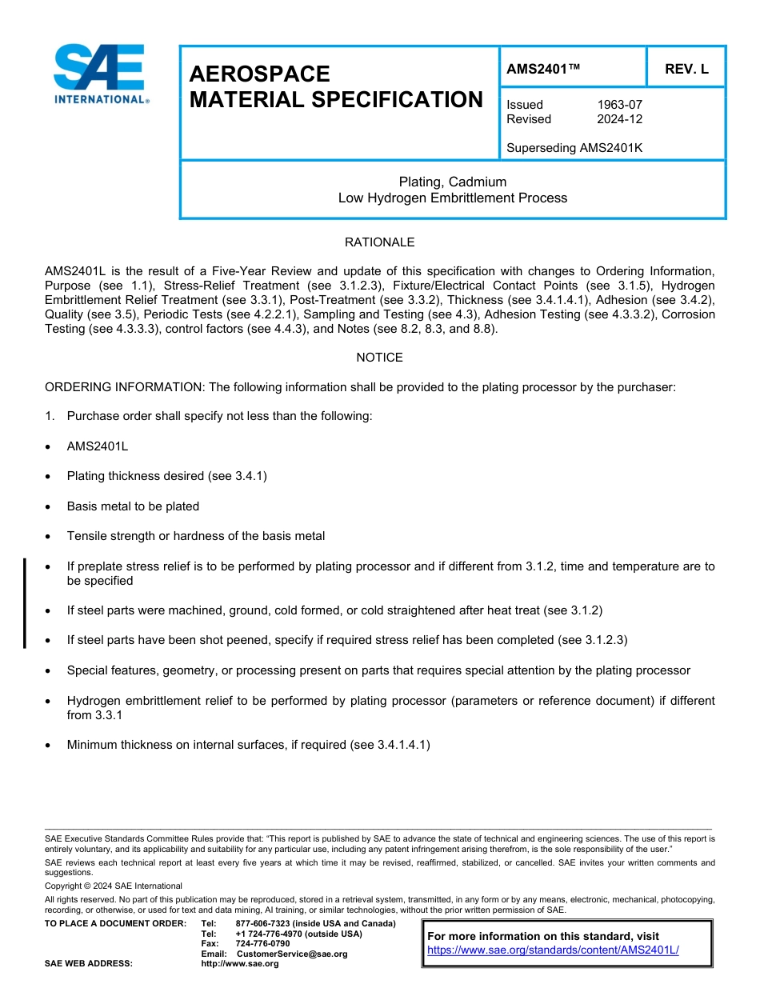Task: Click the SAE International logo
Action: (100, 74)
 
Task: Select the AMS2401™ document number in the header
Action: (543, 69)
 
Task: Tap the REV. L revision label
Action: (686, 69)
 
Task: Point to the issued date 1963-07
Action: (619, 105)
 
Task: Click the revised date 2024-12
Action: (619, 119)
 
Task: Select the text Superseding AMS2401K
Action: (574, 148)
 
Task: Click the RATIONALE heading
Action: (379, 242)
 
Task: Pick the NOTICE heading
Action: (379, 358)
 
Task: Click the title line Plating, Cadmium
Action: (453, 182)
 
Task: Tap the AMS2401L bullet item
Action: (97, 446)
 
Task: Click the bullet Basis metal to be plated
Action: (133, 506)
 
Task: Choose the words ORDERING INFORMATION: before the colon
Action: (124, 386)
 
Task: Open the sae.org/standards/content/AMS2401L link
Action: (553, 950)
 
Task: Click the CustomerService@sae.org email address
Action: (292, 954)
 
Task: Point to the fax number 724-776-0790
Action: (262, 943)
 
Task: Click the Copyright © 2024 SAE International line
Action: (114, 886)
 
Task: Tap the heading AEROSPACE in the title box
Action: (259, 74)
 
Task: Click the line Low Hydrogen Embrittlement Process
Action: (453, 198)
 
